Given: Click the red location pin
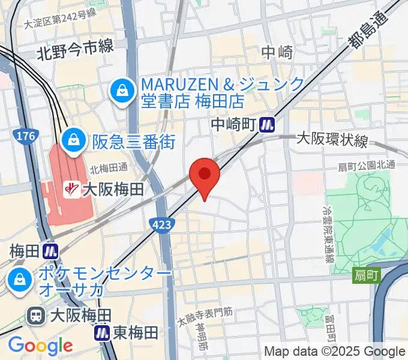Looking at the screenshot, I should (x=205, y=174).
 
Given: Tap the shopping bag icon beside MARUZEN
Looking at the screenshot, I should (x=122, y=91).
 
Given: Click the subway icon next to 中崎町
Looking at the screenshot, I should (x=268, y=124).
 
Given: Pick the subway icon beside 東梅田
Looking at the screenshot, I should (x=102, y=332).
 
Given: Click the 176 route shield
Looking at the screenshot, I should (x=26, y=137).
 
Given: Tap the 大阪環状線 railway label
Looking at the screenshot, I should (x=332, y=140).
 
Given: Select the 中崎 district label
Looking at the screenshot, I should (x=277, y=53).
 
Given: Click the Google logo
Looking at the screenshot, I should (x=40, y=345).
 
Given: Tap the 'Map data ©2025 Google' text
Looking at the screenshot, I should (x=335, y=352).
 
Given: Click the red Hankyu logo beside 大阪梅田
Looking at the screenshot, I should (x=71, y=190).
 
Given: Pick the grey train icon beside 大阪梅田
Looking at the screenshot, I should (x=37, y=315).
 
